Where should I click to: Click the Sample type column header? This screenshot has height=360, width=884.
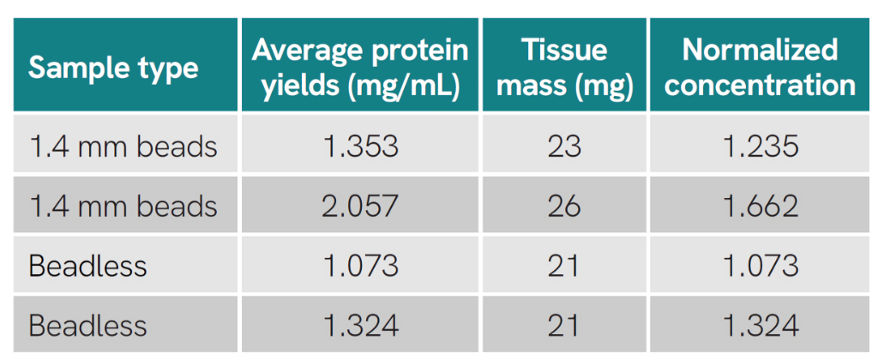click(113, 68)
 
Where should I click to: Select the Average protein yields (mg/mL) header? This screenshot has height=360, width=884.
click(360, 68)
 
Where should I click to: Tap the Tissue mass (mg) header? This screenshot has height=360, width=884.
click(564, 68)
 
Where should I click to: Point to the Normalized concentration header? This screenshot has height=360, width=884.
click(760, 68)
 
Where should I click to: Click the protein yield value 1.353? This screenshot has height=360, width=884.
click(360, 147)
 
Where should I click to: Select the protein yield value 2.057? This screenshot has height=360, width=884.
click(360, 207)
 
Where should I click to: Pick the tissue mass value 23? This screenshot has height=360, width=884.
click(564, 147)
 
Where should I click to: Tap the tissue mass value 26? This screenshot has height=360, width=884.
click(564, 207)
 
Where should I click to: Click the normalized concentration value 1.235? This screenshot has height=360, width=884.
click(760, 147)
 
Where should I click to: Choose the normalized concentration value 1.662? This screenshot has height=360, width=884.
click(760, 207)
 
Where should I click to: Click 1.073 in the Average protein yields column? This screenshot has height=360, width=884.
click(360, 266)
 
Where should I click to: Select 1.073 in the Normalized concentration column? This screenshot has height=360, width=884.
click(760, 266)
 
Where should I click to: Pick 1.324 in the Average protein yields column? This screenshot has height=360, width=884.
click(360, 326)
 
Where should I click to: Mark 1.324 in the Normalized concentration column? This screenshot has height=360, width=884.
click(760, 326)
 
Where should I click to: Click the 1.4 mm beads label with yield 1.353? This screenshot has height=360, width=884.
click(123, 147)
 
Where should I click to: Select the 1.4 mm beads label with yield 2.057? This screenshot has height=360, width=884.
click(123, 207)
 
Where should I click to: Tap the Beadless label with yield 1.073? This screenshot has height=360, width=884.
click(87, 266)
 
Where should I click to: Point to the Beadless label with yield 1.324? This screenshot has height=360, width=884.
click(87, 326)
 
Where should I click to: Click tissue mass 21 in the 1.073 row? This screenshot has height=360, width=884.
click(564, 266)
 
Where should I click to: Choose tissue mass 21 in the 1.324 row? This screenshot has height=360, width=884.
click(564, 326)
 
